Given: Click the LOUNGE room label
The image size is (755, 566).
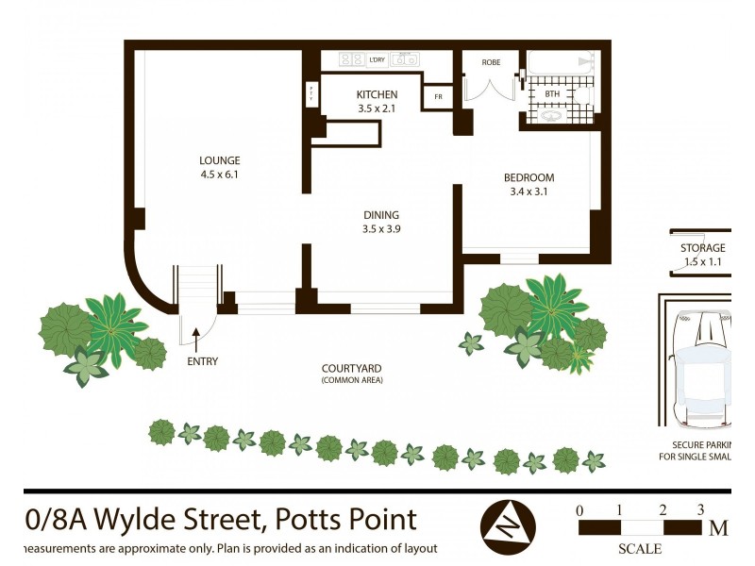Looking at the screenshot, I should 219,160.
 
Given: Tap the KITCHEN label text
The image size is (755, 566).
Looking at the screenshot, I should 377,94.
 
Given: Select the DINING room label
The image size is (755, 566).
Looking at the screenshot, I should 380,214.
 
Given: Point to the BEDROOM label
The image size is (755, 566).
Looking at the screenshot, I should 528,177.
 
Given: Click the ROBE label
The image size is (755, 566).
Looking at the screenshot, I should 491,62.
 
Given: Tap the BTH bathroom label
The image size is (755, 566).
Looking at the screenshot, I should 552,93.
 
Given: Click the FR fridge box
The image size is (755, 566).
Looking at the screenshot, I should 438,97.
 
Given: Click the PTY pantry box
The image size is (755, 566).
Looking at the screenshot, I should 312,93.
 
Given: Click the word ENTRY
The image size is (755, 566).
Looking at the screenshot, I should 202,361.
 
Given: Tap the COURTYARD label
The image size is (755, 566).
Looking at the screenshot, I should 352,369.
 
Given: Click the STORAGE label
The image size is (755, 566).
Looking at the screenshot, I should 703,248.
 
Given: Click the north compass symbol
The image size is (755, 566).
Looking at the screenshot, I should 508,524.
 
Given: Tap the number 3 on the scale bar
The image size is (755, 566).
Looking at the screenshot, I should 699,510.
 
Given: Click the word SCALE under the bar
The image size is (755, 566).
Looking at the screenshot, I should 639,549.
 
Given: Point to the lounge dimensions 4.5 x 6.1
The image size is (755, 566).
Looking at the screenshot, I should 219,175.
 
